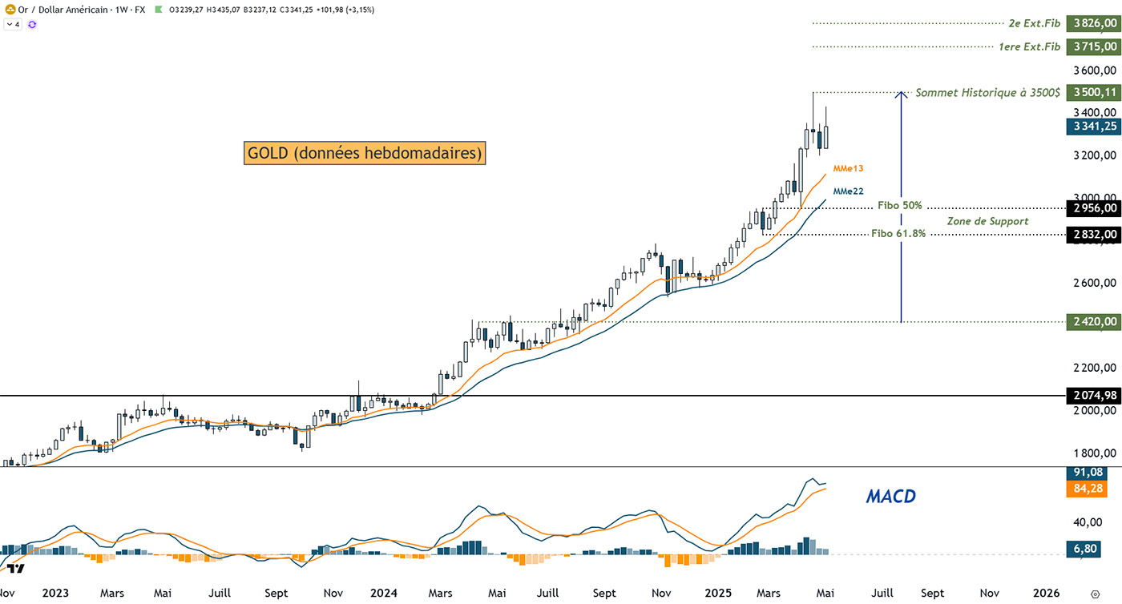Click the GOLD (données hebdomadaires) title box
[365, 153]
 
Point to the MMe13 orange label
[848, 169]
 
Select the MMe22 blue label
[848, 191]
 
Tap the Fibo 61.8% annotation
[898, 234]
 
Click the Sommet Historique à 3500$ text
[987, 93]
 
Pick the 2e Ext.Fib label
[1029, 24]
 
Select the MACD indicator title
[890, 497]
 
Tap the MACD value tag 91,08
[1090, 473]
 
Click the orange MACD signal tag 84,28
[1090, 489]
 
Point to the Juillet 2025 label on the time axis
[882, 594]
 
